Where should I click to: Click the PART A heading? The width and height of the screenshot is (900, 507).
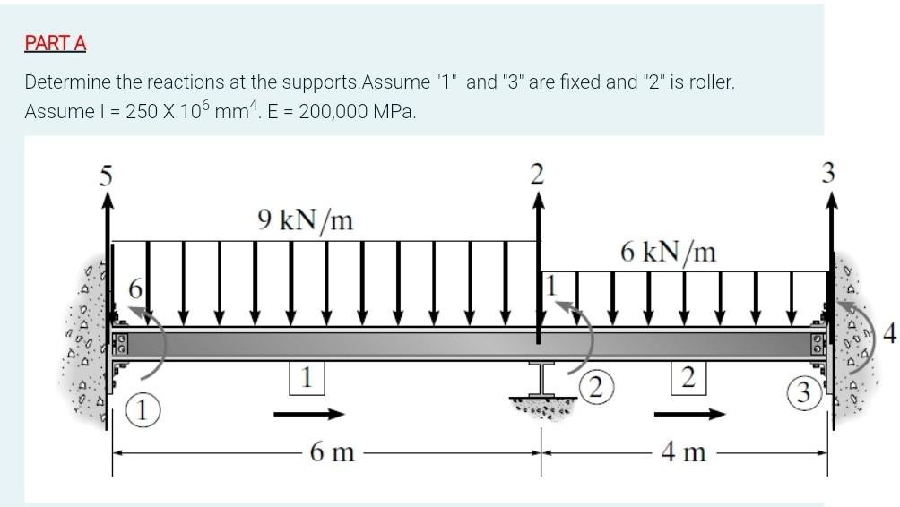(56, 43)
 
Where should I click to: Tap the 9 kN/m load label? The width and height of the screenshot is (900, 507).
(304, 219)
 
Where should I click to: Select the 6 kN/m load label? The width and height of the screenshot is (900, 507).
(668, 252)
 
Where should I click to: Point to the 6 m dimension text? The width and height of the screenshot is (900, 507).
(331, 453)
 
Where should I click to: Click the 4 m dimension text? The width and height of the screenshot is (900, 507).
(685, 453)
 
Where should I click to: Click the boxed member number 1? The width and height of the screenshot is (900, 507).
(307, 379)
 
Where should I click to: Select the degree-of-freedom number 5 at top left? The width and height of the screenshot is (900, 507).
(106, 176)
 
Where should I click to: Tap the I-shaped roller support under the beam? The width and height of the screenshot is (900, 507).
(541, 380)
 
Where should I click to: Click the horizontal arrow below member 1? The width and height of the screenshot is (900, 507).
(308, 414)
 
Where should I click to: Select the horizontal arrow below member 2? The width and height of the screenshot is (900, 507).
(688, 414)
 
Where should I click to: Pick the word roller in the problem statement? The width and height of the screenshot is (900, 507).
(703, 83)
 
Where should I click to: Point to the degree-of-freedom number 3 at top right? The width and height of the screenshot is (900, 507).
(829, 174)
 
